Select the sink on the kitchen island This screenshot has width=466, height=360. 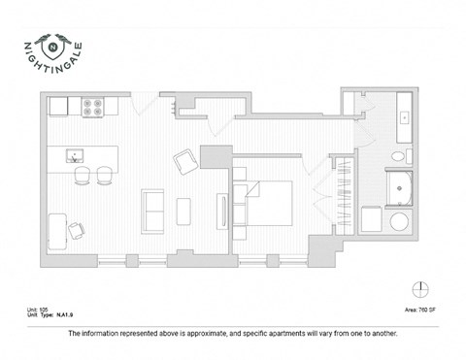73,155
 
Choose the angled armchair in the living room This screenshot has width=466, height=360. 184,163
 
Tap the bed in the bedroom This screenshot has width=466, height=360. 269,203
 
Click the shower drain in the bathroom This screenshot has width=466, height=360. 399,188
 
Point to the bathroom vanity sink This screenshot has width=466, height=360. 404,115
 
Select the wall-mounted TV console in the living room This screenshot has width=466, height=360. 222,211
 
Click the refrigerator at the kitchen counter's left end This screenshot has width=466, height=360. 56,106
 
